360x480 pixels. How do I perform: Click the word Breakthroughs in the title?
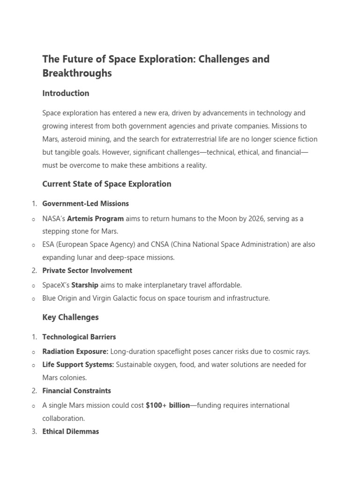click(77, 73)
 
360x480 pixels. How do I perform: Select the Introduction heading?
click(66, 93)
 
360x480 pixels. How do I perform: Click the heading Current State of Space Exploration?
click(106, 184)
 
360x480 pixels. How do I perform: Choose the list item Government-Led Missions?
click(85, 204)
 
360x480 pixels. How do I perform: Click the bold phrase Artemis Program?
click(96, 218)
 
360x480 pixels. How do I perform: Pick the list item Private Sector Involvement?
click(87, 270)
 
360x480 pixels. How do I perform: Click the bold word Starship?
click(85, 285)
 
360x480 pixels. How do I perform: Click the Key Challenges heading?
click(70, 317)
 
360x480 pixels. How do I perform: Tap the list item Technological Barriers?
click(79, 337)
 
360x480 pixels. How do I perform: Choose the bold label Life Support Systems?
click(78, 365)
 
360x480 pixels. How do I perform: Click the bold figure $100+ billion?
click(167, 405)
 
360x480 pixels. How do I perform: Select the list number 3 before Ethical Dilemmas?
click(34, 432)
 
